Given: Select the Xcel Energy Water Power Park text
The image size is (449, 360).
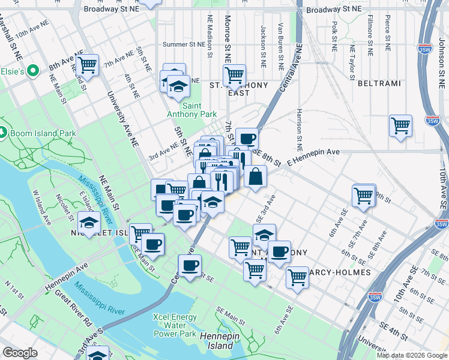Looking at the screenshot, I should pyautogui.click(x=175, y=325).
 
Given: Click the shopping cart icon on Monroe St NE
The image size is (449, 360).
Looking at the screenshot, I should pyautogui.click(x=234, y=75).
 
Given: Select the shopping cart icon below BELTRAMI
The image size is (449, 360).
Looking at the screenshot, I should pyautogui.click(x=400, y=126).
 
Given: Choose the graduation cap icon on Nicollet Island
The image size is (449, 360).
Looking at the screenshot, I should pyautogui.click(x=89, y=223).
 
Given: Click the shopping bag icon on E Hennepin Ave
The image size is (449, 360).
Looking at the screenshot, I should pyautogui.click(x=255, y=176).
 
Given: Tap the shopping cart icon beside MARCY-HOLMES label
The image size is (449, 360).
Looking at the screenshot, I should pyautogui.click(x=297, y=277).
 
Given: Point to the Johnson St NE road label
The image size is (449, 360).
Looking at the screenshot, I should pyautogui.click(x=441, y=55).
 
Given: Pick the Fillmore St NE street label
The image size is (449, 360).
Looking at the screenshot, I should pyautogui.click(x=370, y=35).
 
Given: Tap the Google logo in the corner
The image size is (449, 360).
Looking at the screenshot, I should pyautogui.click(x=20, y=353).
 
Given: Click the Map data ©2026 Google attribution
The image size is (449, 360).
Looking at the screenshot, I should pyautogui.click(x=411, y=355).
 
